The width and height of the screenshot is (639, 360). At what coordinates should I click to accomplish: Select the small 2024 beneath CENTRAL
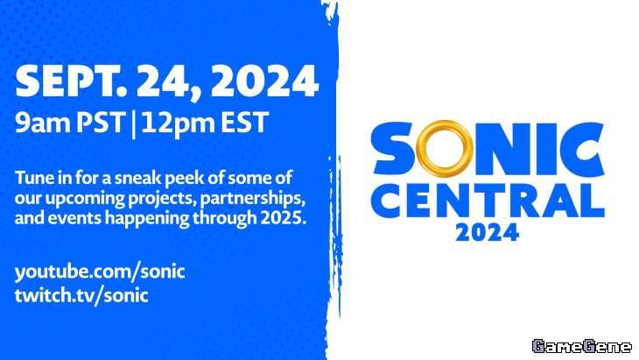(x=487, y=232)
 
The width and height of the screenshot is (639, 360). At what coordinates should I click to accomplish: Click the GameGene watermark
(x=581, y=346)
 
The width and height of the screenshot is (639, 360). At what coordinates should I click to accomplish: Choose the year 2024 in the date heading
(x=265, y=81)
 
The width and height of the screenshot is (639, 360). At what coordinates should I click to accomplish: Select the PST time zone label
(x=100, y=122)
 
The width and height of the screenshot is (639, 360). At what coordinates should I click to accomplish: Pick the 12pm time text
(x=178, y=123)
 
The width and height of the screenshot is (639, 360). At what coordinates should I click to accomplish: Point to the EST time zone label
(x=244, y=122)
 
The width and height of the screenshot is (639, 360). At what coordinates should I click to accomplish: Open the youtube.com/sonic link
(x=100, y=272)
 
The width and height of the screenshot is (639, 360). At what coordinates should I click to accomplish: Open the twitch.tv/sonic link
(x=81, y=295)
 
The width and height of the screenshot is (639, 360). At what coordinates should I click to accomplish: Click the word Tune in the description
(x=32, y=178)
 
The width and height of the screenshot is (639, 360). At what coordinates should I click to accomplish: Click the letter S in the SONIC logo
(x=393, y=148)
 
